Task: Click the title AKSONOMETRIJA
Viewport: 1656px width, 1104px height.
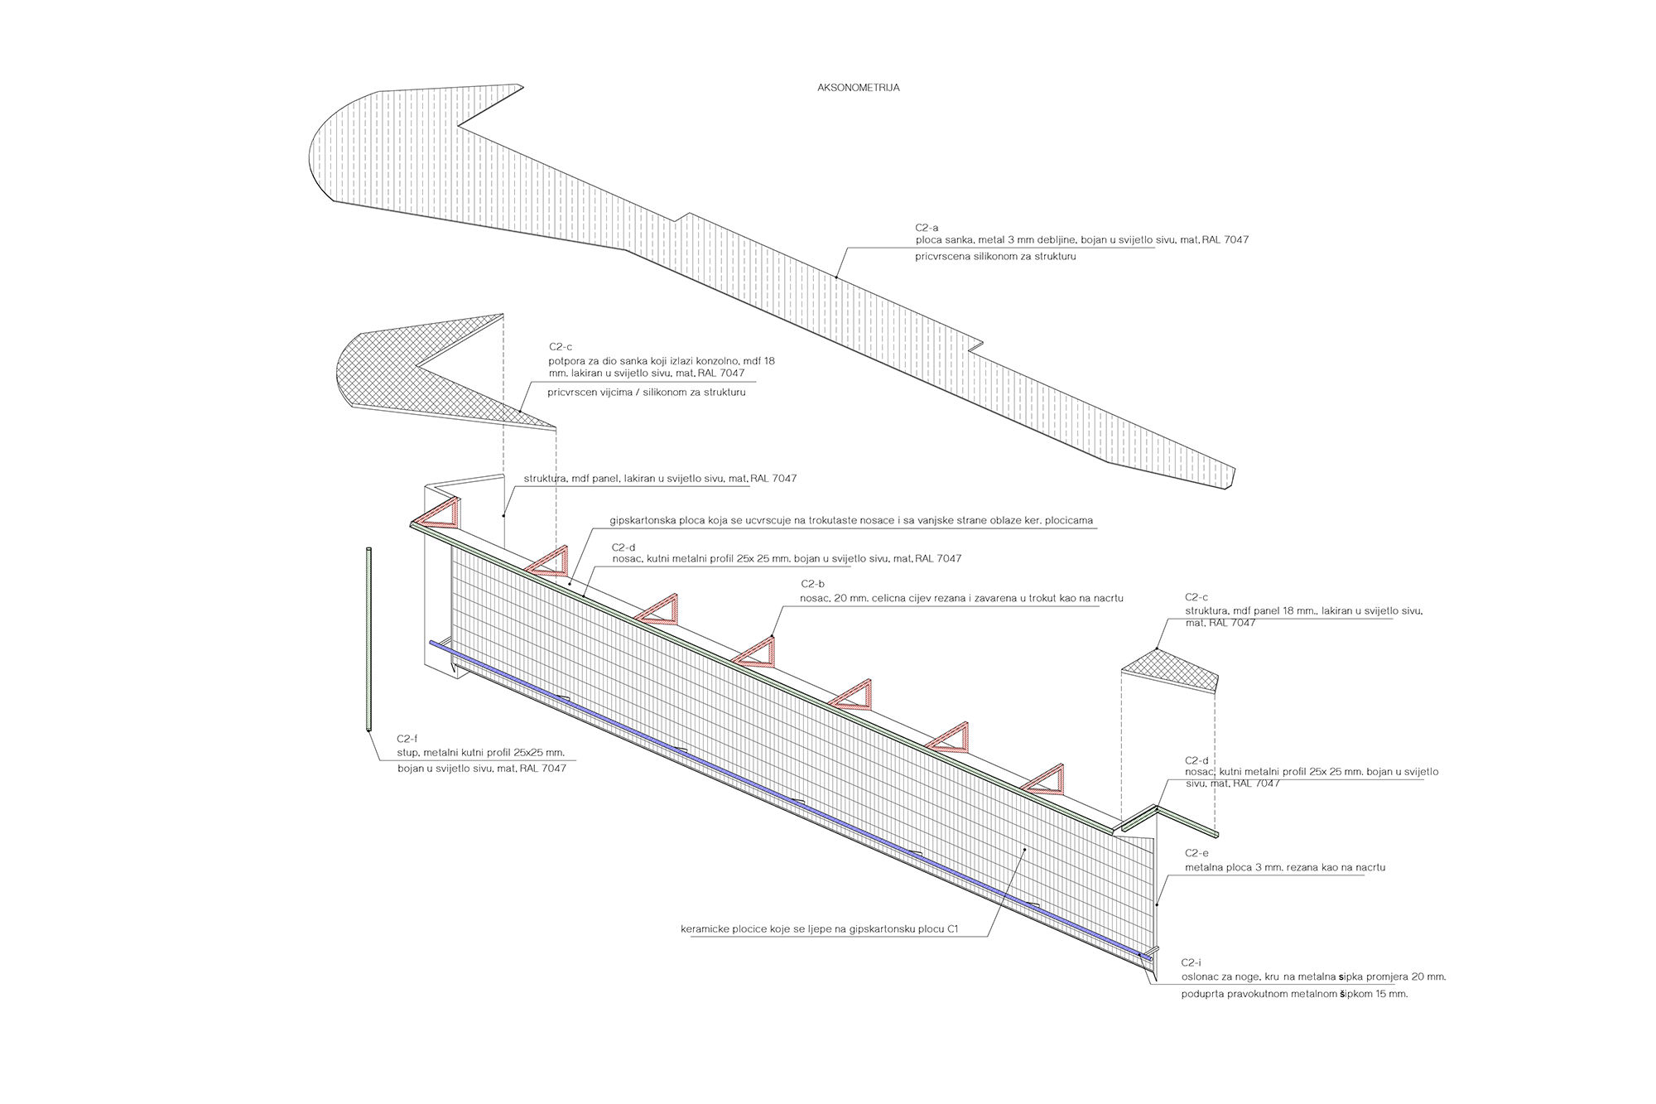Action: click(858, 88)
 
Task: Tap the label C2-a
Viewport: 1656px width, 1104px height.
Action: click(927, 228)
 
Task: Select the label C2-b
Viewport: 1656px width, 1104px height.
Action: click(812, 584)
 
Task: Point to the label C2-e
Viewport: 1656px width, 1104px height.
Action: click(1196, 853)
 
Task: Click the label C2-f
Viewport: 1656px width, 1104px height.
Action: click(407, 739)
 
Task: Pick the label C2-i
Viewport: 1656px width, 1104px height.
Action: click(1191, 962)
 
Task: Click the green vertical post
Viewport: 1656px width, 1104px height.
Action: click(368, 638)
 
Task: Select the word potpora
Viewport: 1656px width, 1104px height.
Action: click(566, 361)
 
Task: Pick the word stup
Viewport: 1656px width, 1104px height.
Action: click(407, 753)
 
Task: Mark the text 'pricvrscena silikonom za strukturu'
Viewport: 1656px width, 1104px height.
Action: click(995, 257)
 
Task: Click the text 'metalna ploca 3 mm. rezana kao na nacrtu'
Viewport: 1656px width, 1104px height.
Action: click(1285, 868)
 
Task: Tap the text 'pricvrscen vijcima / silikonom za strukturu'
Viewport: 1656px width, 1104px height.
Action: click(646, 393)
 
